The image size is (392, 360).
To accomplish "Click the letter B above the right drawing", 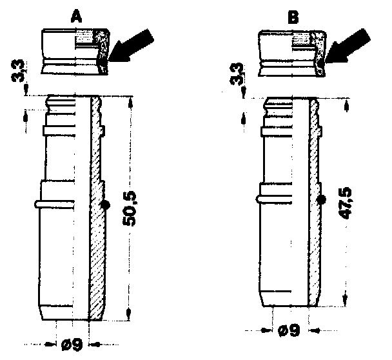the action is [293, 17].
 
